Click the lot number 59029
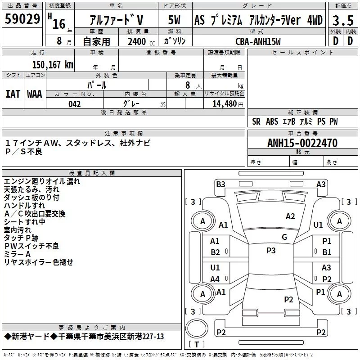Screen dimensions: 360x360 (22, 19)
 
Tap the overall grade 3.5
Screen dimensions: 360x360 (343, 20)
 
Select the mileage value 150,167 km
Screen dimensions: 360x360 (53, 65)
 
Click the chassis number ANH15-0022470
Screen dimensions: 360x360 (302, 143)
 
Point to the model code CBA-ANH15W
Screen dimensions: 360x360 (258, 41)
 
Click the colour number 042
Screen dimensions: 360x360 (75, 104)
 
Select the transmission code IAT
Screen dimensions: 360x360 (13, 94)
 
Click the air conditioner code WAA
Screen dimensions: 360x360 (35, 94)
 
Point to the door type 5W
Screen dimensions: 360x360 (174, 20)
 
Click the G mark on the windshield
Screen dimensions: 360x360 (284, 237)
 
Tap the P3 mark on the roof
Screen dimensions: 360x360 (271, 251)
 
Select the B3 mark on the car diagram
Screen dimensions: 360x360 (220, 184)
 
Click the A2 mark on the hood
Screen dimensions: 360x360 (290, 216)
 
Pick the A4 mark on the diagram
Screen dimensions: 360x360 (215, 279)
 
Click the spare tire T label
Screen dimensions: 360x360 (197, 344)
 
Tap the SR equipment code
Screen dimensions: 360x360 (256, 121)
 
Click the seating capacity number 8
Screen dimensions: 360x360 (188, 85)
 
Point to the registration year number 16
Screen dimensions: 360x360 (59, 24)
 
